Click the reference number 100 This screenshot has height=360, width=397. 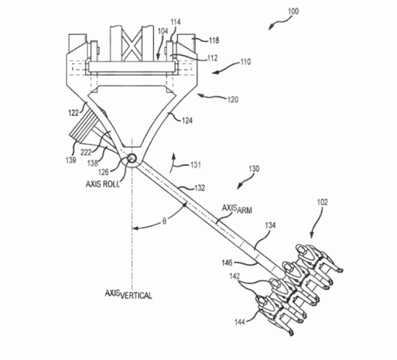coord(293,11)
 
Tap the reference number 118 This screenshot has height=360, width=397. coord(214,40)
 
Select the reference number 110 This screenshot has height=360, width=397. coord(245,62)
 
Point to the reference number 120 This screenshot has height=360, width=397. coord(233,100)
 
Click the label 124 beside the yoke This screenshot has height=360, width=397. coord(187,120)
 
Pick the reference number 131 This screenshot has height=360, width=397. coord(195,165)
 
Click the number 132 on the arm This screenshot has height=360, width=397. coord(200,188)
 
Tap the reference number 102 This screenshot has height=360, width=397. coord(322,202)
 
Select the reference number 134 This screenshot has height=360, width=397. coord(270,225)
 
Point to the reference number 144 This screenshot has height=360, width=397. coord(240,322)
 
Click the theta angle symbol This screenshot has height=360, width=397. coord(164,222)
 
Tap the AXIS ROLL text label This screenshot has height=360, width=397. coord(103,184)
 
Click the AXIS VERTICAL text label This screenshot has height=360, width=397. coord(129,294)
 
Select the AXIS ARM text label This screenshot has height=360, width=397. coord(237,208)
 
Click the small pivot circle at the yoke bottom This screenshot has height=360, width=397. coord(132,159)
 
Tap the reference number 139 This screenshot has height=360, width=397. coord(71,160)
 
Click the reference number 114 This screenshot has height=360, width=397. coord(176,22)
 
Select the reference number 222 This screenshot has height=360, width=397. coord(86,152)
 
